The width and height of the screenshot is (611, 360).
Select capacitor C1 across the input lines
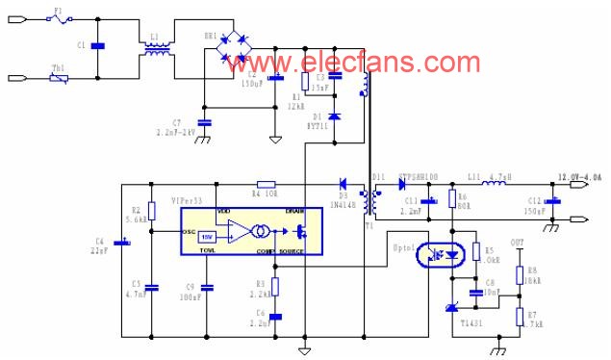(x=97, y=45)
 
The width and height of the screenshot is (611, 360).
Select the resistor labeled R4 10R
(x=267, y=183)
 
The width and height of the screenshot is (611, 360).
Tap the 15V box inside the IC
(x=206, y=236)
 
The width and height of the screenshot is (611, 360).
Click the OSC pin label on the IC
(x=189, y=232)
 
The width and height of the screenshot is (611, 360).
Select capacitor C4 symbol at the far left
(x=121, y=242)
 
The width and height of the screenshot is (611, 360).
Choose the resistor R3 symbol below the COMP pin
(x=276, y=286)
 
